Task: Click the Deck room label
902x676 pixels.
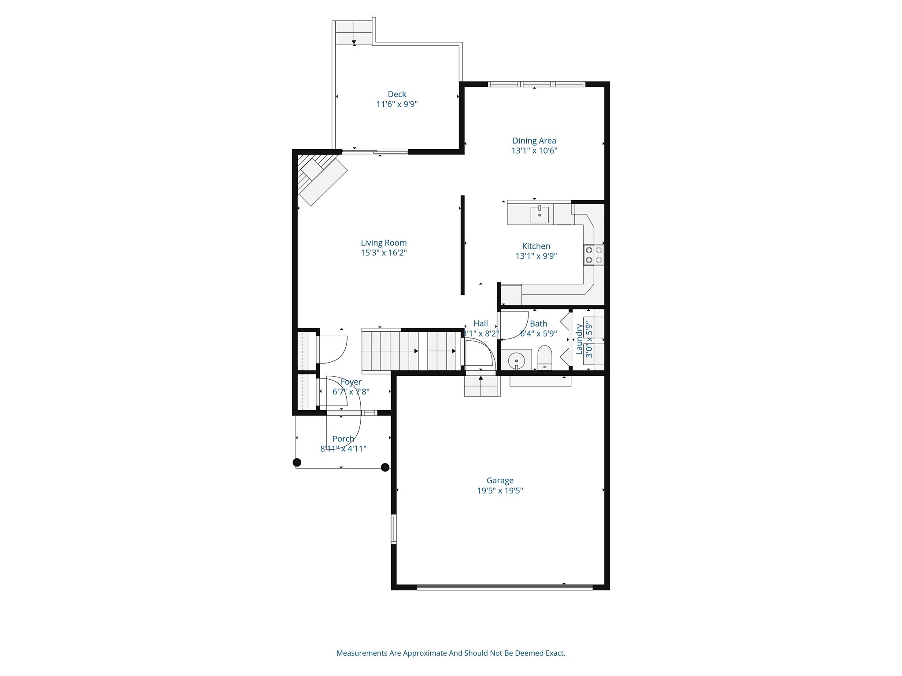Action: point(397,94)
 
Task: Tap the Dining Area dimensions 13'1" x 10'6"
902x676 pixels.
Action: point(534,151)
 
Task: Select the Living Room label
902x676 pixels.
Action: point(384,242)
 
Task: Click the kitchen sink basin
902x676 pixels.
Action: point(540,215)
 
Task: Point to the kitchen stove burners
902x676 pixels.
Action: point(594,255)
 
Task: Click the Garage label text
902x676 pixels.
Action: point(500,481)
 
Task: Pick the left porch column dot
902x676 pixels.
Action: point(297,462)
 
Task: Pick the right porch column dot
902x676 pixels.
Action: point(385,467)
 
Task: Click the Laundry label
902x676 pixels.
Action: point(579,339)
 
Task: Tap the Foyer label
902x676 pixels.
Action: point(351,382)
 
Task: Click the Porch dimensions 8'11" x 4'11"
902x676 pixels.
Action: point(343,449)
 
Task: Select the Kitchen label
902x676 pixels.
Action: point(536,246)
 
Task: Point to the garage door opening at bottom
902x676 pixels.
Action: point(505,587)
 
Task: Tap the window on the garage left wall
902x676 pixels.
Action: point(394,529)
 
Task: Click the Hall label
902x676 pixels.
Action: point(481,323)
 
